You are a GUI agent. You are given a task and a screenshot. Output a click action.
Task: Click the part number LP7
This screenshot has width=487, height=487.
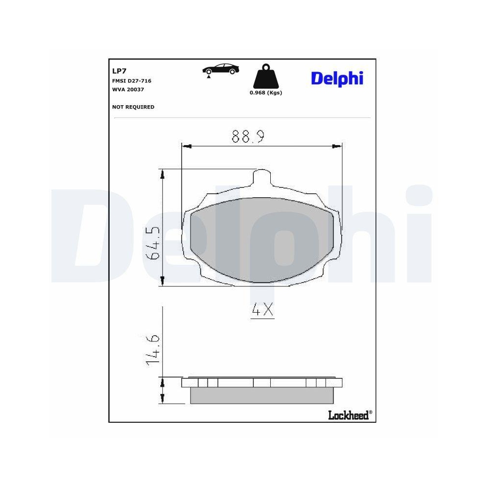pos(119,71)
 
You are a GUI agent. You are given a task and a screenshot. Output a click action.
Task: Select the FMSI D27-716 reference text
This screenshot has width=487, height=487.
pos(131,81)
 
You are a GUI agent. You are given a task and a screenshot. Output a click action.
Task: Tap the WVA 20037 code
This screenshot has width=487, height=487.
pos(128,90)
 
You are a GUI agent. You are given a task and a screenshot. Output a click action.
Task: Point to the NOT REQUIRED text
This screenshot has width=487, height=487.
pos(133,107)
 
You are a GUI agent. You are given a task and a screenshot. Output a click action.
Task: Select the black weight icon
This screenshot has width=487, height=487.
pos(265,77)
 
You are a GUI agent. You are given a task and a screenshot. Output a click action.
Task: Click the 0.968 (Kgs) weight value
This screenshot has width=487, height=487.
pos(266,93)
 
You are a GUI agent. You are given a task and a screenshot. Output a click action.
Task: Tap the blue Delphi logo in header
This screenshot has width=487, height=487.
pos(337,78)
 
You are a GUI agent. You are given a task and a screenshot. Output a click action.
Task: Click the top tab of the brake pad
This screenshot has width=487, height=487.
pos(262,176)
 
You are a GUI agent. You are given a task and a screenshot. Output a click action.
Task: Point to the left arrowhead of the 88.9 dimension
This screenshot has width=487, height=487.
pos(186,145)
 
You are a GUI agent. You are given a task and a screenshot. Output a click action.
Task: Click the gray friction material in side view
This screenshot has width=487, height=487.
pos(262,395)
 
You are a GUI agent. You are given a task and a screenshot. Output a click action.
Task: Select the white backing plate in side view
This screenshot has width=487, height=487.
pos(262,383)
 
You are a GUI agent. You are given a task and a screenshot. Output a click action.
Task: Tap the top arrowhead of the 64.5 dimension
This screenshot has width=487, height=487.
pos(163,174)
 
